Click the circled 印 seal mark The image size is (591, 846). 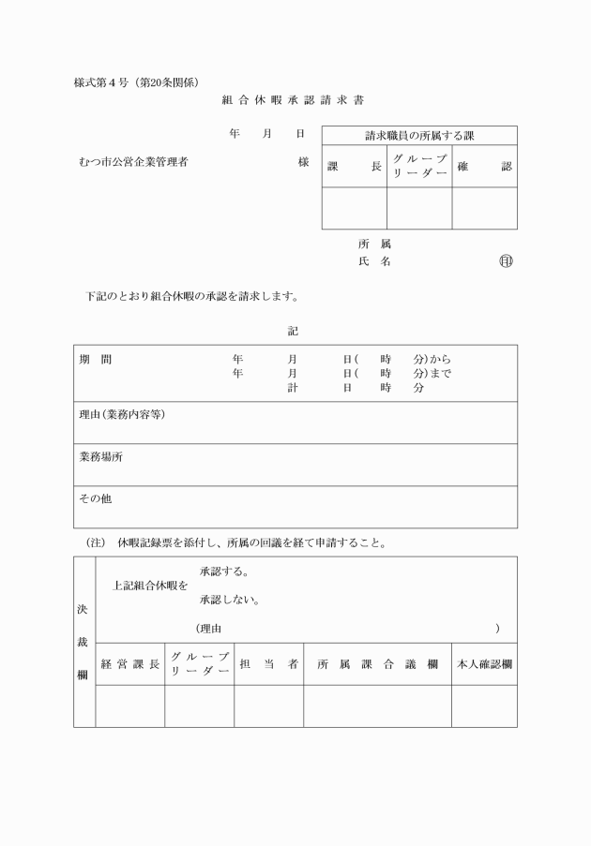(x=506, y=261)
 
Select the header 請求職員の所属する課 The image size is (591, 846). (x=419, y=136)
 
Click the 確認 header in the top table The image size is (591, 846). (x=484, y=167)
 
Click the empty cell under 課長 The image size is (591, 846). (x=355, y=208)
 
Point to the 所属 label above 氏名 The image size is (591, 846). (x=374, y=244)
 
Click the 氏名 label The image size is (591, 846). (x=374, y=262)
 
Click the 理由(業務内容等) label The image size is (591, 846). (x=122, y=414)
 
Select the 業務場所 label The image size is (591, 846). (x=100, y=457)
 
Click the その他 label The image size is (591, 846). (x=95, y=499)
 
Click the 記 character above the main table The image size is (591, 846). (x=294, y=331)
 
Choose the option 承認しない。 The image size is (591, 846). (x=230, y=600)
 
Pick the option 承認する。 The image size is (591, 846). (x=224, y=571)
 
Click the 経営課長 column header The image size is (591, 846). (x=130, y=664)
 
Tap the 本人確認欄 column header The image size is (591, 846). (x=484, y=664)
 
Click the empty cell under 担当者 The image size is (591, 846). (x=268, y=705)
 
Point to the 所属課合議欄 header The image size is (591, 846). (x=377, y=664)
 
